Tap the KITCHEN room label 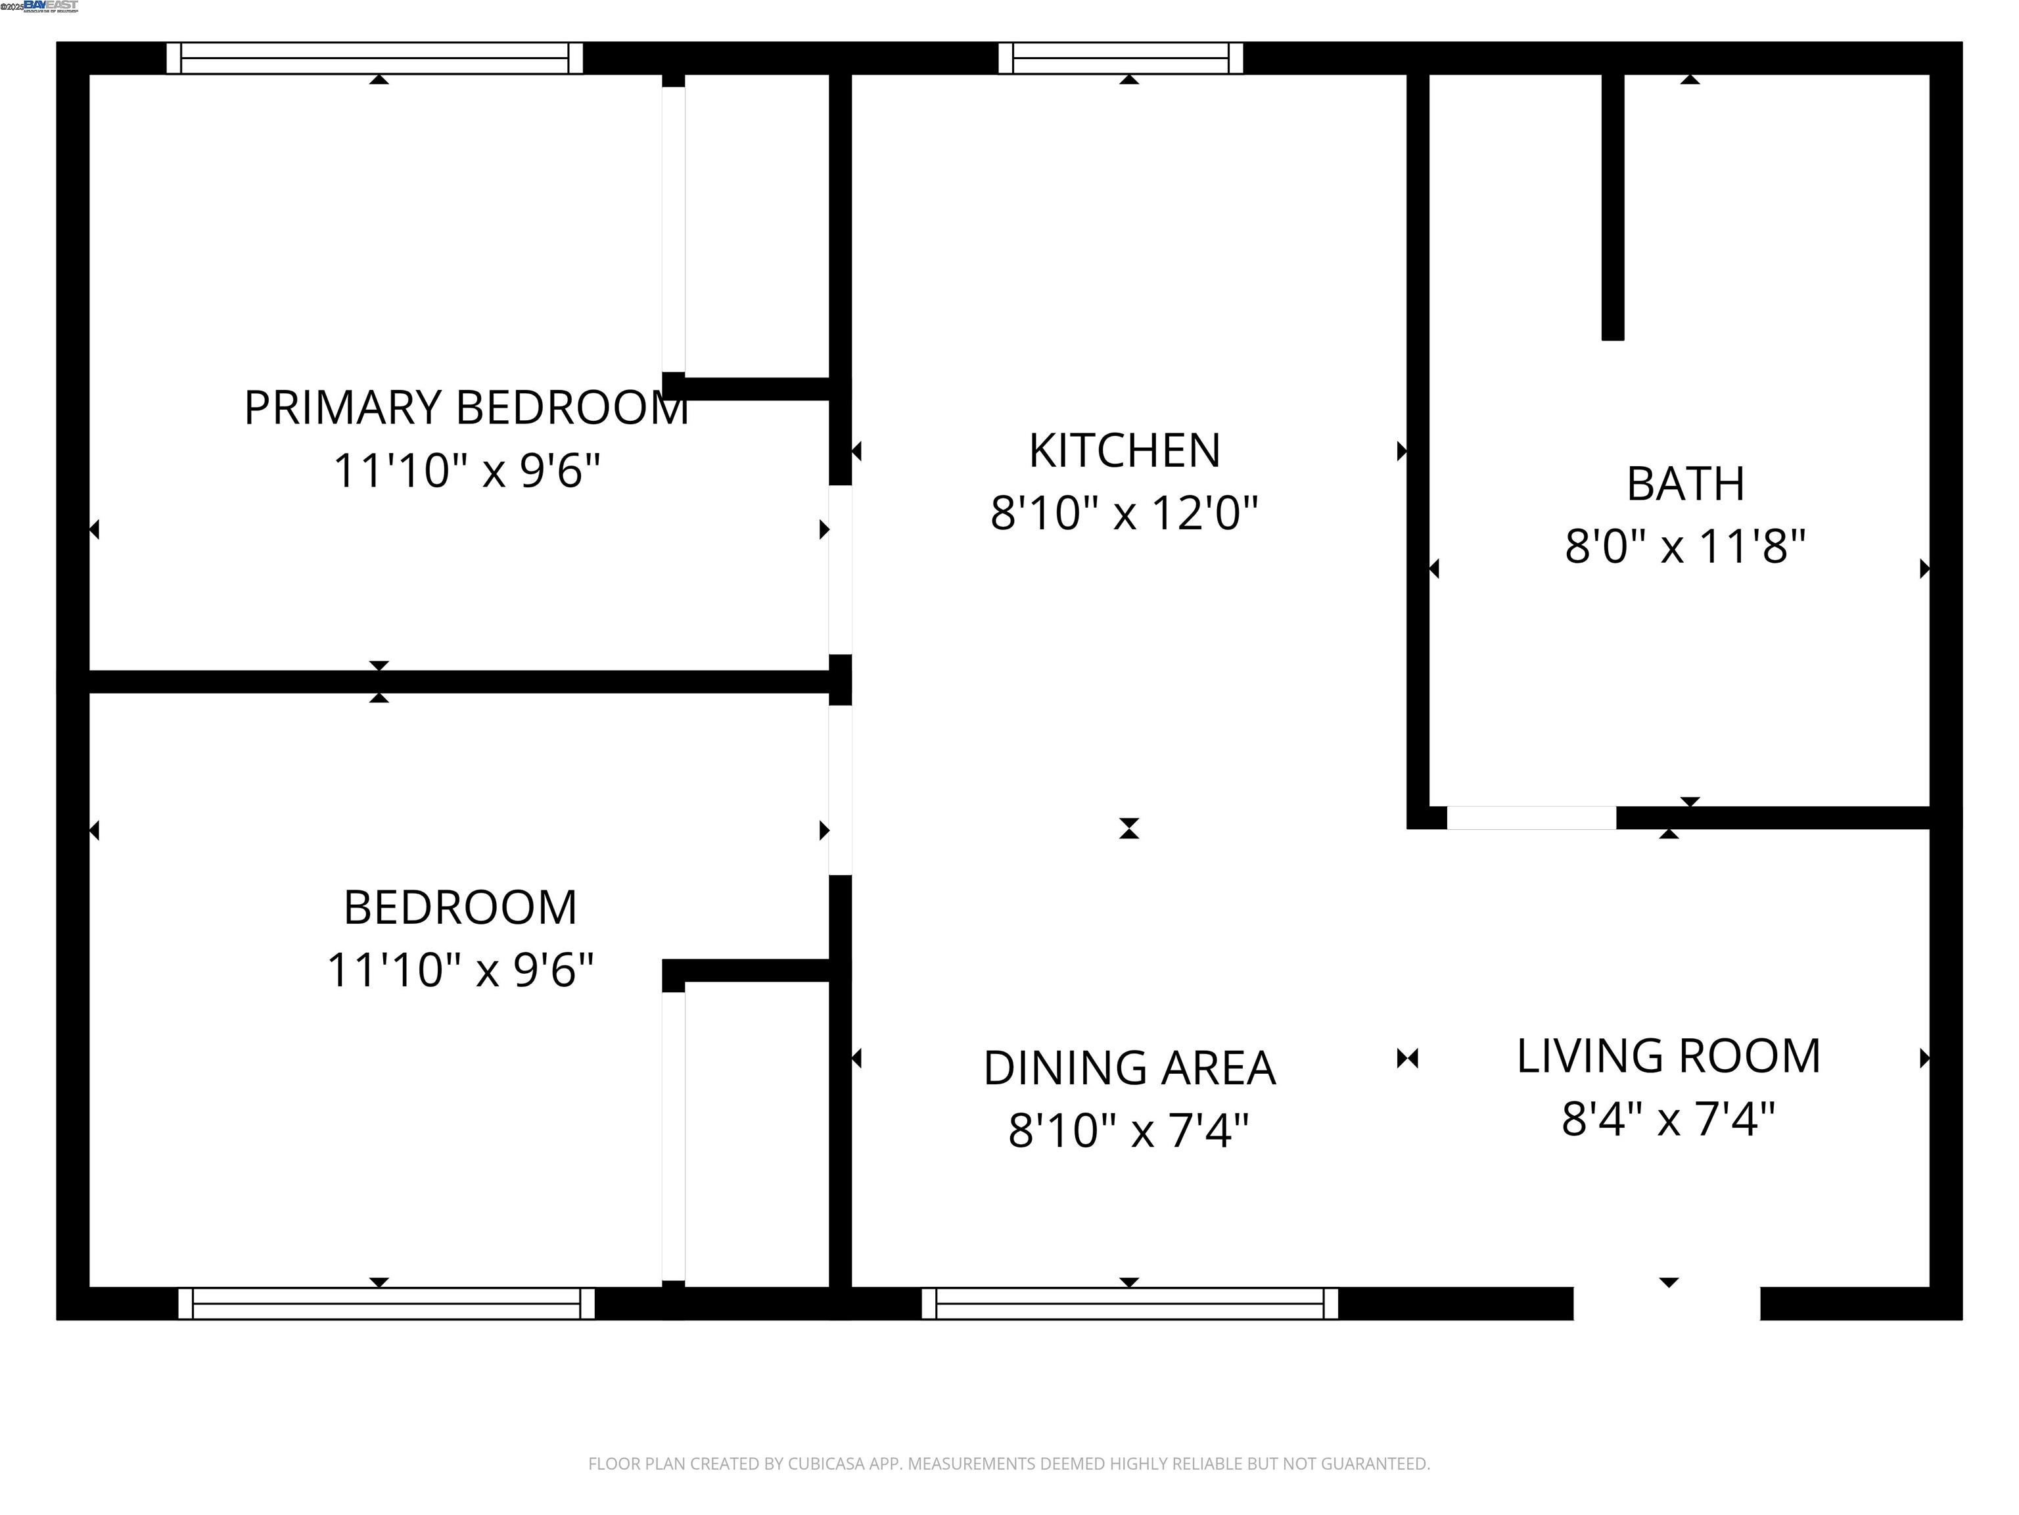[1125, 450]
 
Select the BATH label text [1685, 484]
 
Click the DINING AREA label [1129, 1069]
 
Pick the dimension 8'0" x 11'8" [1685, 547]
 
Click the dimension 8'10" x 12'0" [1125, 513]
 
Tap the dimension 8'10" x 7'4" [1129, 1130]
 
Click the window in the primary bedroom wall [374, 59]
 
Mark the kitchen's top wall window [1121, 59]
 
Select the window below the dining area [1130, 1303]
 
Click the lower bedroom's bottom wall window [386, 1303]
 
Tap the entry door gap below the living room [1667, 1303]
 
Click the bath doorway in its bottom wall [1531, 817]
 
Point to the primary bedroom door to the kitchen [841, 570]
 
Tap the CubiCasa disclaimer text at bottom [1009, 1464]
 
